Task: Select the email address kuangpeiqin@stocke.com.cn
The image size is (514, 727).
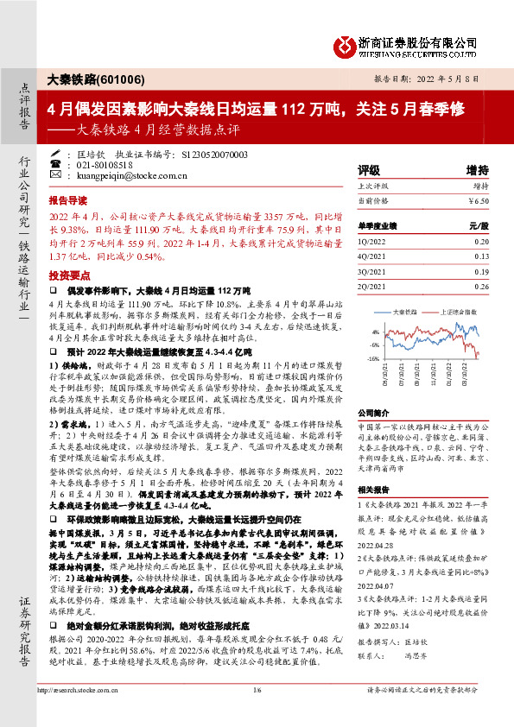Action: [x=127, y=175]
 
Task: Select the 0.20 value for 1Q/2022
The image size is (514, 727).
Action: [x=481, y=243]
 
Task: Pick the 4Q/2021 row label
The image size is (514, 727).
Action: [x=372, y=256]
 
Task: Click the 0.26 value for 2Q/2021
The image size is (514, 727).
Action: [x=481, y=286]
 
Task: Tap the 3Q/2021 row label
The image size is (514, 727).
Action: [x=372, y=271]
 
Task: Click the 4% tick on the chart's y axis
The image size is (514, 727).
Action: [x=374, y=332]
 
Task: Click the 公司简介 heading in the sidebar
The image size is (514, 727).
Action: [x=372, y=414]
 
